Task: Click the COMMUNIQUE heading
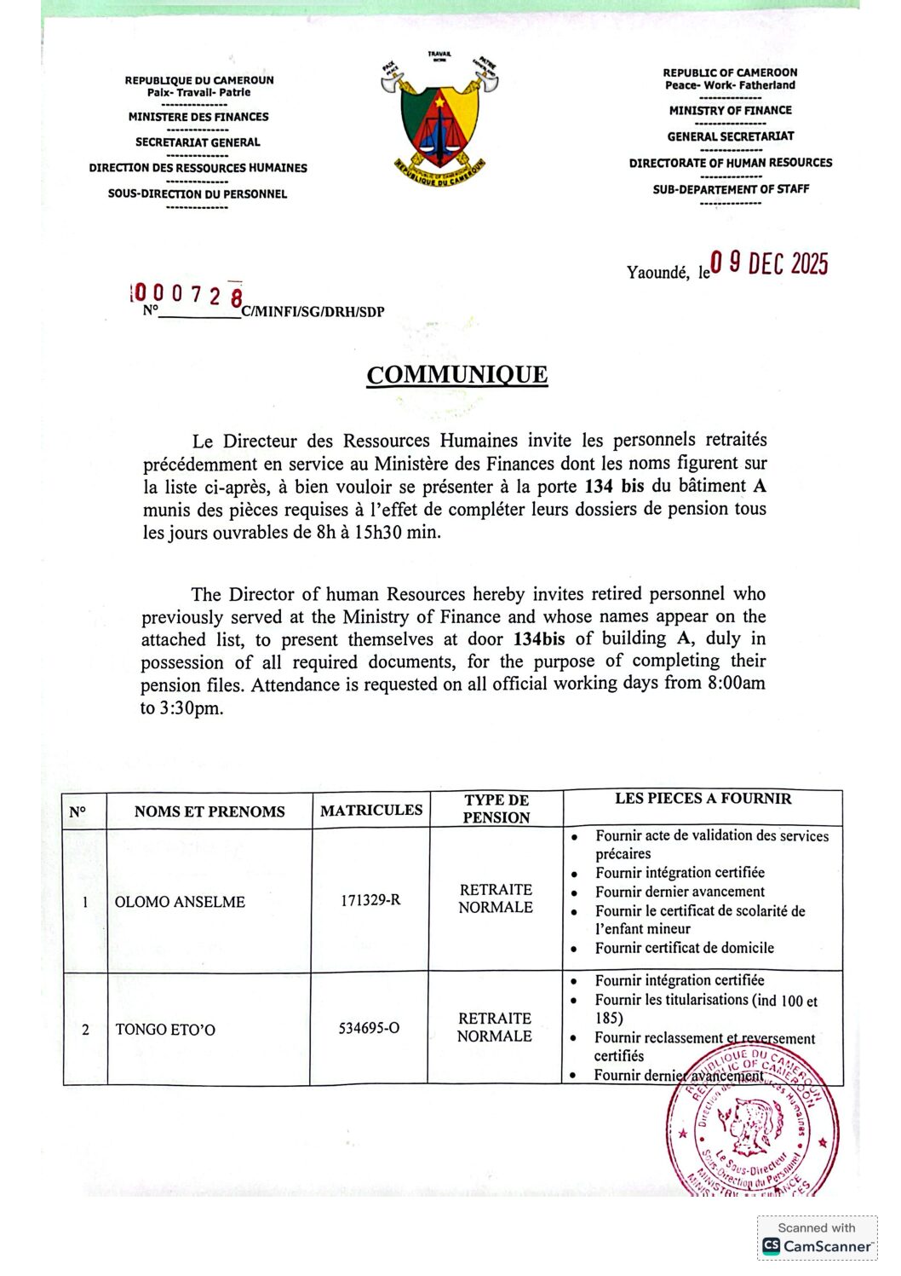pos(456,375)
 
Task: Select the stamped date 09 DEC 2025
pos(769,263)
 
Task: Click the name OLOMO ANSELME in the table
pos(180,902)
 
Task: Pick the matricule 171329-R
pos(370,900)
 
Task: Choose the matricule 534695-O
pos(369,1028)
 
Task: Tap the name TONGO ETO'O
pos(165,1030)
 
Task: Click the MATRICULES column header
pos(371,810)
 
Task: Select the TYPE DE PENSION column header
pos(496,808)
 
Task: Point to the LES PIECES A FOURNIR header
pos(703,799)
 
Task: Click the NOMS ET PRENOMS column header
pos(209,811)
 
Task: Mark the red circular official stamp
pos(751,1123)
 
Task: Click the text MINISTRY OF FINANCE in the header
pos(730,110)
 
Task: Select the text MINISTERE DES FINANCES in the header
pos(198,117)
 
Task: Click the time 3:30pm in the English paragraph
pos(191,708)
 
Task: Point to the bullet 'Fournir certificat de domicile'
pos(684,948)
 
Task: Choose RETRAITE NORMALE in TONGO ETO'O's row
pos(495,1027)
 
